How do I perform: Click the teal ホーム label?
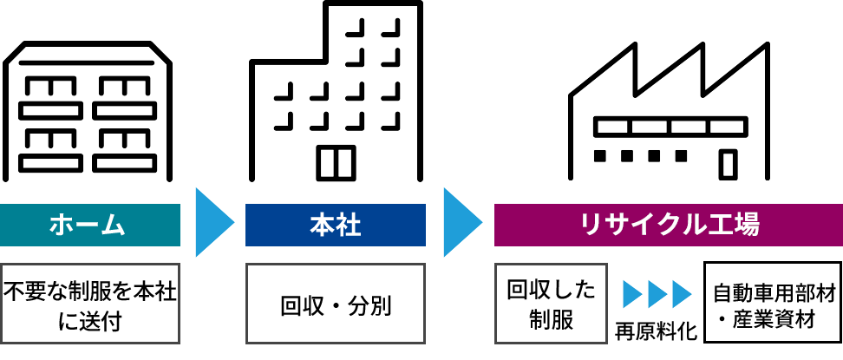tap(89, 226)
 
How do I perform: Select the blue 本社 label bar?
tap(336, 226)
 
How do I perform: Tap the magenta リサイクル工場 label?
tap(669, 226)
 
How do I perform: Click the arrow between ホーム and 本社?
tap(213, 222)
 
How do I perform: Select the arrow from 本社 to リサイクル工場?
tap(461, 222)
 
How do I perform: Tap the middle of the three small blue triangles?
tap(657, 294)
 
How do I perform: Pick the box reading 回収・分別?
tap(336, 304)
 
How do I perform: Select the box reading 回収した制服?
tap(551, 304)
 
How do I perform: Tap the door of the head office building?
tap(336, 162)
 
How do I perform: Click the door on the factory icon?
tap(729, 163)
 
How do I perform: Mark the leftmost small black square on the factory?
tap(600, 156)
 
